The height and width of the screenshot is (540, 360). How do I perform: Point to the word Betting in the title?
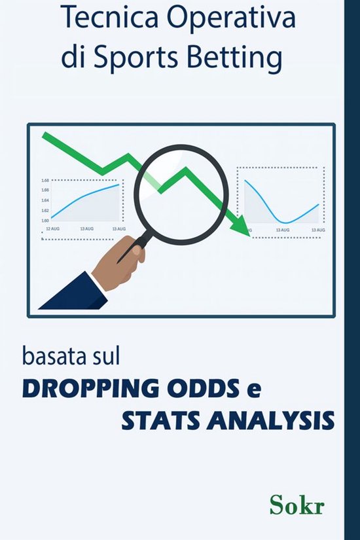click(x=241, y=60)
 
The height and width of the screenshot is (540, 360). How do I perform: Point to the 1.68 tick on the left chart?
click(x=45, y=180)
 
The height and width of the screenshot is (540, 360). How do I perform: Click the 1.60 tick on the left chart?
click(x=45, y=221)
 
